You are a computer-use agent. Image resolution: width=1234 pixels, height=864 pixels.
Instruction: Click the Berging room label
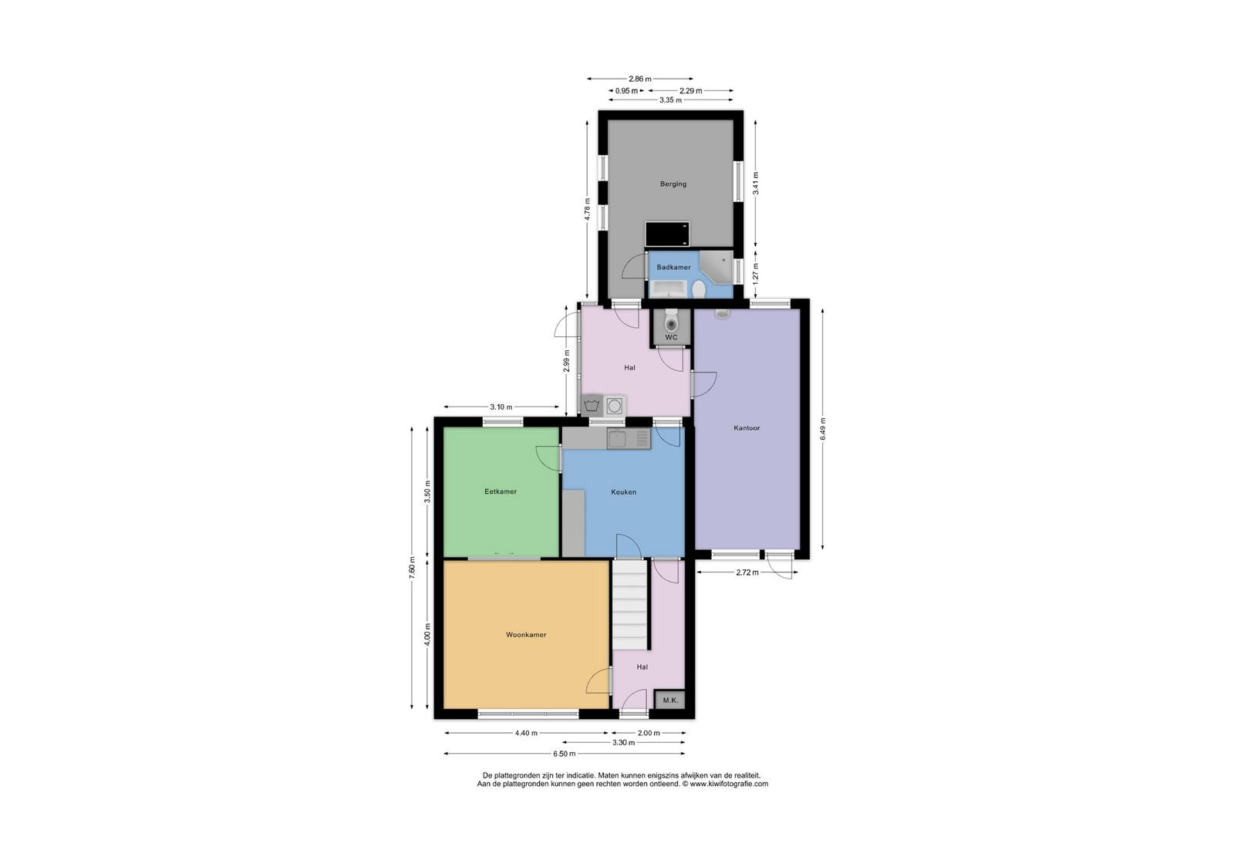[673, 184]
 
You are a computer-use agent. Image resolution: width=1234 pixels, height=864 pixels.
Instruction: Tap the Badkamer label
[673, 267]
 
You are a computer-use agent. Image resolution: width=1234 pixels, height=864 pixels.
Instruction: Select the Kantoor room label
[747, 428]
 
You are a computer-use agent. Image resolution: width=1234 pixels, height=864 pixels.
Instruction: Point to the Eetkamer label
[501, 491]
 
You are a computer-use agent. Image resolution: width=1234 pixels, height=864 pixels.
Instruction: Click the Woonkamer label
[526, 635]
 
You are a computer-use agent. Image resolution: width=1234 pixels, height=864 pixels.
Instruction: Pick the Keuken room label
[624, 492]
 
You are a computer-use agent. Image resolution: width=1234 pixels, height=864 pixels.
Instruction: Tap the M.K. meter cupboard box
[670, 700]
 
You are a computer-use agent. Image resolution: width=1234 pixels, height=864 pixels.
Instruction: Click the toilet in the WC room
[671, 320]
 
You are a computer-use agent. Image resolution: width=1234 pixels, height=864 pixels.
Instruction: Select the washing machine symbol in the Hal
[592, 406]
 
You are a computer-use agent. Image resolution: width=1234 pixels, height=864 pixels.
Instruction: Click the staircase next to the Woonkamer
[629, 605]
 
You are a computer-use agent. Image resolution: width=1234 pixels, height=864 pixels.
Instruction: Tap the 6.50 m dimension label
[564, 754]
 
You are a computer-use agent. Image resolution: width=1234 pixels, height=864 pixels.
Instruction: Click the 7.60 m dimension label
[412, 568]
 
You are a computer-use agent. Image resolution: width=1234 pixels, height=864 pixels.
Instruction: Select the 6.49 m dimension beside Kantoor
[823, 429]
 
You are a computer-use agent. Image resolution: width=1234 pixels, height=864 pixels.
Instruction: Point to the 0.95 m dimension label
[626, 91]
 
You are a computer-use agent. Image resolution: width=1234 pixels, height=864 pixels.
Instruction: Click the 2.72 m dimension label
[747, 572]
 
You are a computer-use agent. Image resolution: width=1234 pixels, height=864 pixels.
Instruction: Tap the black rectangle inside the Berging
[667, 235]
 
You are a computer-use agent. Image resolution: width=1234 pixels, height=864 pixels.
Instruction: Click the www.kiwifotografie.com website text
[729, 784]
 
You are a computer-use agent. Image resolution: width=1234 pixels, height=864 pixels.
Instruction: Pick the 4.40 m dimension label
[526, 734]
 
